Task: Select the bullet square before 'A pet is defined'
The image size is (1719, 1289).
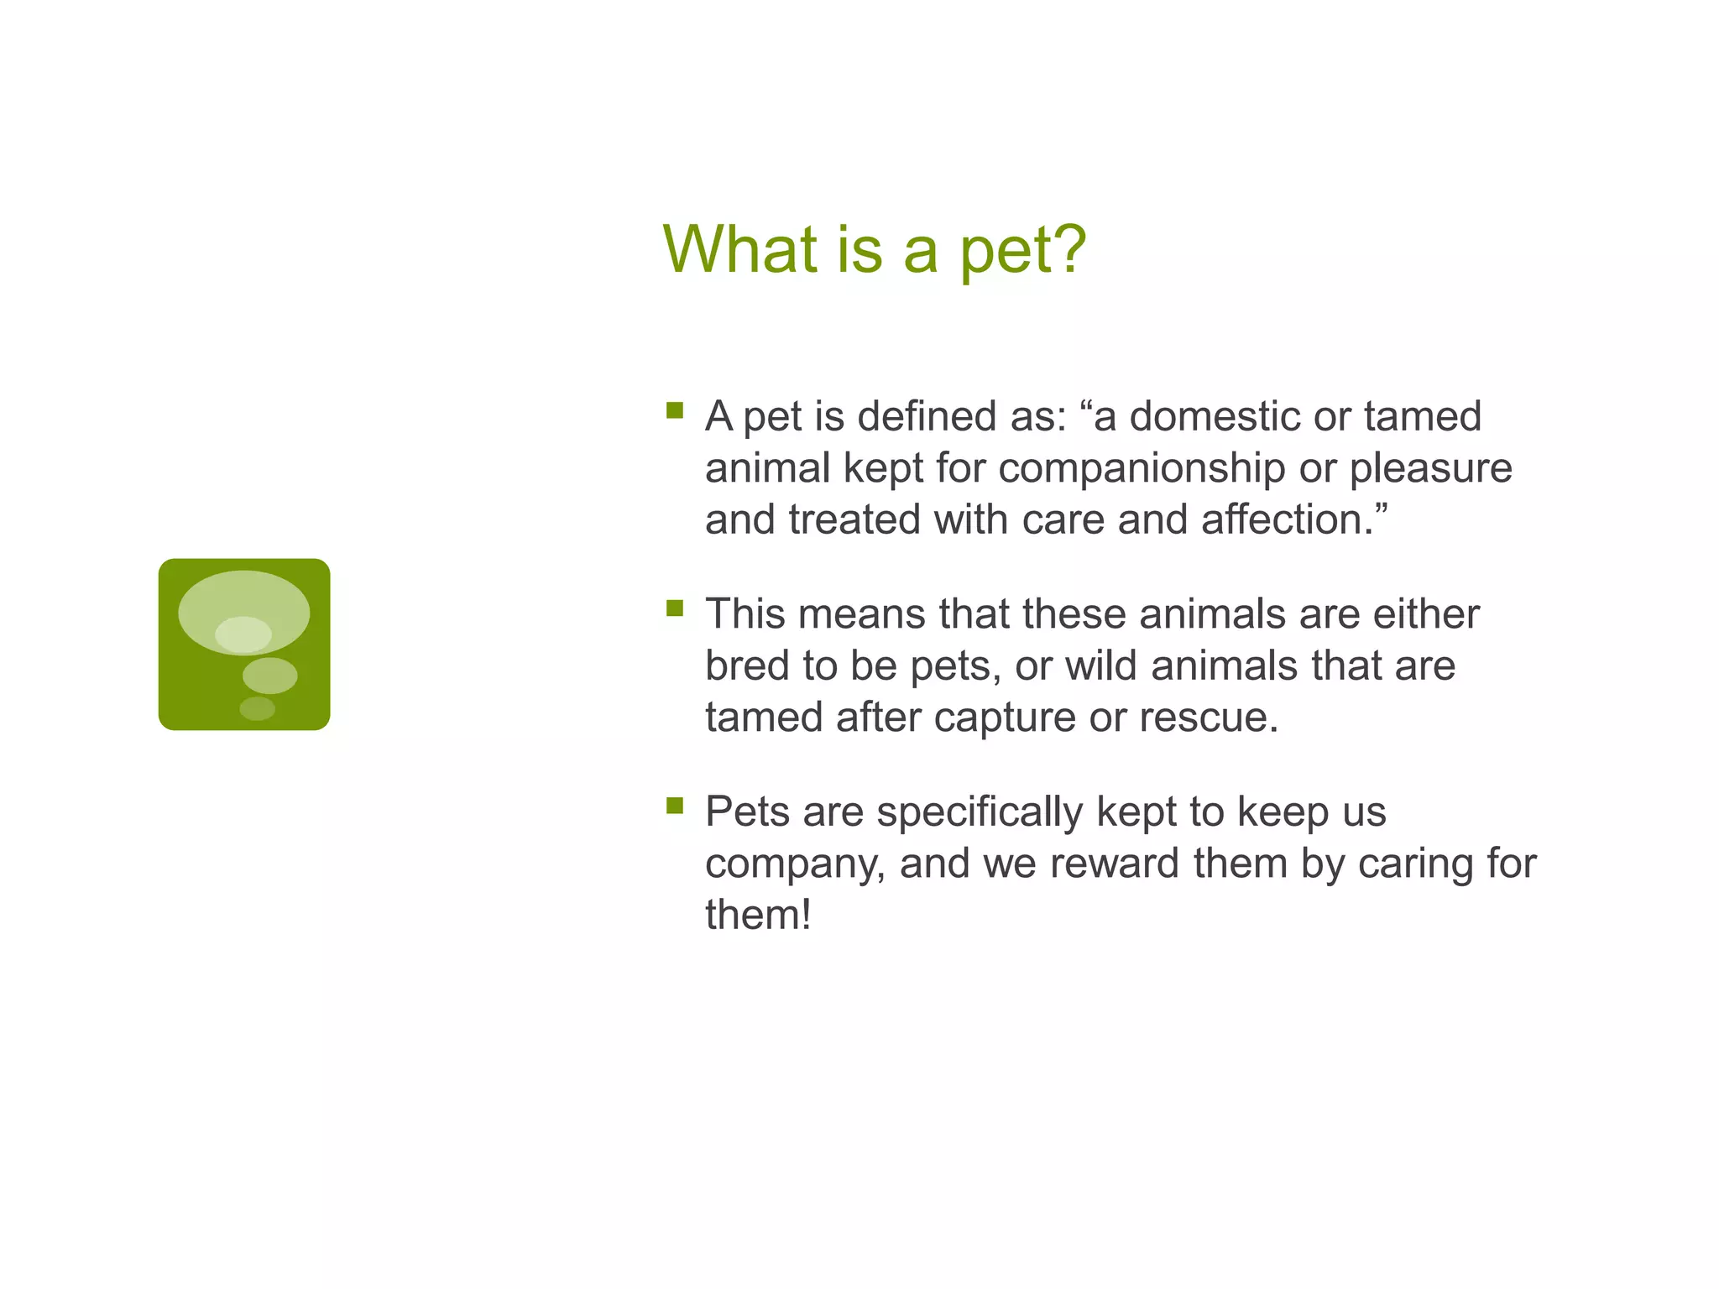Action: tap(675, 410)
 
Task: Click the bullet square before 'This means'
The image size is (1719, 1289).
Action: tap(675, 608)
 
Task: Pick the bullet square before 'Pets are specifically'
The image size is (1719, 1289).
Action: tap(675, 806)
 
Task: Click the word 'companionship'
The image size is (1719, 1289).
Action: tap(1142, 468)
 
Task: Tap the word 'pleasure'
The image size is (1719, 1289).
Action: tap(1430, 468)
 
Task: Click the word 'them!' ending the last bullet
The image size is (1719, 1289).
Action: tap(758, 916)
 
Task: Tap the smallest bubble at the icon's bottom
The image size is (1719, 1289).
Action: tap(257, 708)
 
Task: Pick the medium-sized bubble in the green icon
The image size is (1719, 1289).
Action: tap(269, 676)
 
